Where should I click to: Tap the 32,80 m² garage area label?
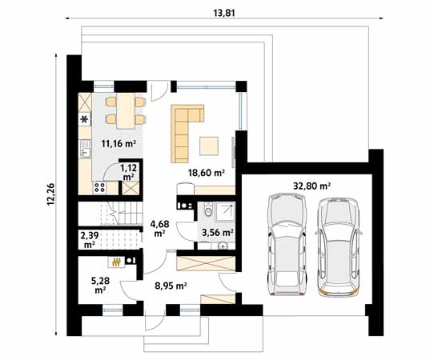(x=314, y=185)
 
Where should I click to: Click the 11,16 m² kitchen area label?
(x=118, y=144)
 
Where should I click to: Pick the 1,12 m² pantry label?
(x=128, y=171)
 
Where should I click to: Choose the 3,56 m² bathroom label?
(x=217, y=232)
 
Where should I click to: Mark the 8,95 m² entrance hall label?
(x=171, y=285)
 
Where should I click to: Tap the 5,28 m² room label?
(x=99, y=285)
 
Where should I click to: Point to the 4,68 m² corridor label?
(x=159, y=229)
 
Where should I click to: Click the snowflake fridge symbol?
(x=84, y=120)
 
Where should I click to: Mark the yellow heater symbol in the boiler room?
(x=117, y=261)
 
